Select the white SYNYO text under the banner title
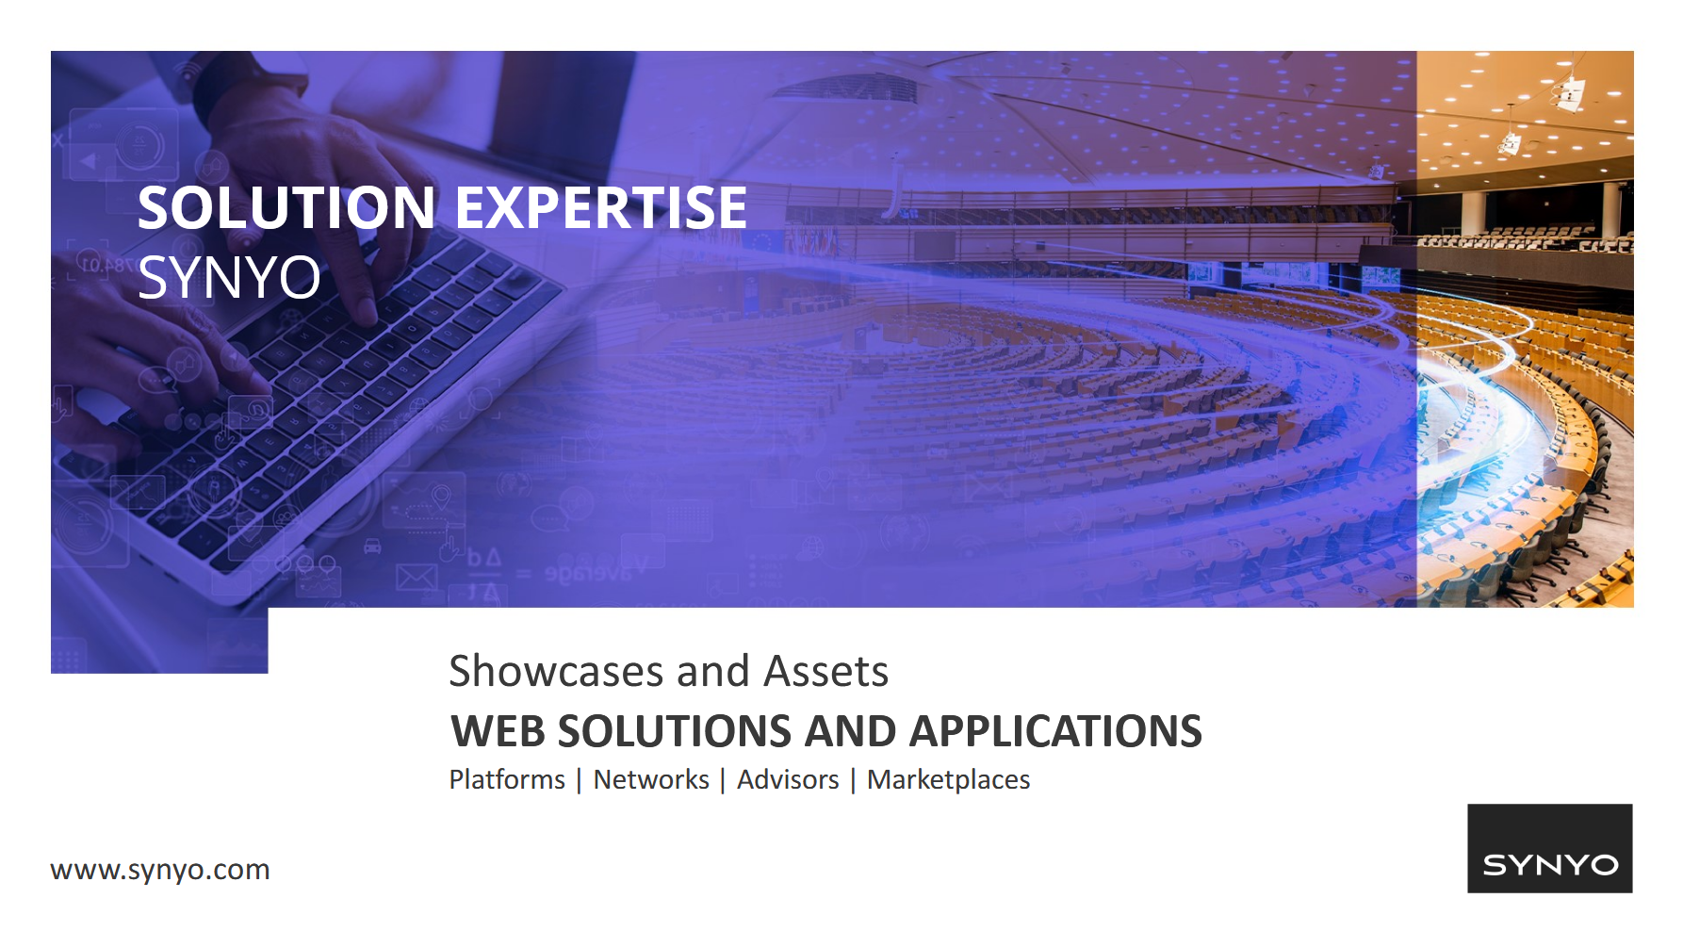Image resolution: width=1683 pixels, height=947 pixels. coord(229,277)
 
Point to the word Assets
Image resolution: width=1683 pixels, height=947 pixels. coord(826,671)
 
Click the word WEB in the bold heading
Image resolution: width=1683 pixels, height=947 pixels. coord(498,732)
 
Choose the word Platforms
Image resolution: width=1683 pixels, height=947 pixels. coord(507,780)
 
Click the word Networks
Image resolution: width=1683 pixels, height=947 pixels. coord(651,780)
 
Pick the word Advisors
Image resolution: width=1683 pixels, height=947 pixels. coord(788,780)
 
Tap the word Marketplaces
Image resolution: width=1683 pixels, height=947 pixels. coord(949,780)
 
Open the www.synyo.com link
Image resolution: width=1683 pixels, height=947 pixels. coord(160,870)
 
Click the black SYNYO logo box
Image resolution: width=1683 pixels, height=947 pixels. coord(1550,848)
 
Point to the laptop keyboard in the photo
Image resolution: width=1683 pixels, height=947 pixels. coord(311,396)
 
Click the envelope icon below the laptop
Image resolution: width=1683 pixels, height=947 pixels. coord(417,577)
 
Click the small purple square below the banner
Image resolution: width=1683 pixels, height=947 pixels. coord(159,641)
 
